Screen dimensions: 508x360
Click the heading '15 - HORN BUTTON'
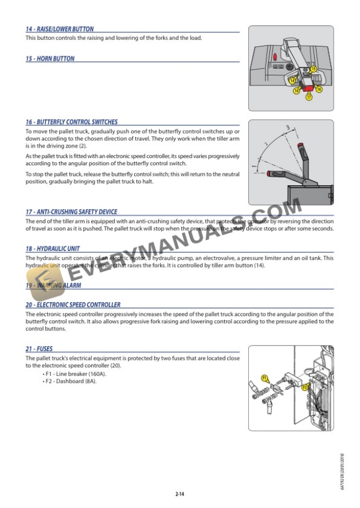point(50,59)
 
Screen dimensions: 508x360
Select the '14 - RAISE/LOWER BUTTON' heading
point(59,29)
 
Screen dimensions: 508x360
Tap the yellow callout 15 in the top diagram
point(314,69)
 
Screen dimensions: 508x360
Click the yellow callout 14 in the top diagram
point(293,79)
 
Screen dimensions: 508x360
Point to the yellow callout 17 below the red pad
point(309,98)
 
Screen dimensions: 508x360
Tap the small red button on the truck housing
point(275,57)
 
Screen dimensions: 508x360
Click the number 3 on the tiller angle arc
point(288,126)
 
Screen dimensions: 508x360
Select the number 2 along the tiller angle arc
point(266,144)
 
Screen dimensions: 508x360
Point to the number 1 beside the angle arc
point(255,158)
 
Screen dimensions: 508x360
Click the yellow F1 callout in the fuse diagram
point(264,377)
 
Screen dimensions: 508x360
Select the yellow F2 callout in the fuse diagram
point(305,387)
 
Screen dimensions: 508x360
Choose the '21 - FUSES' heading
point(39,349)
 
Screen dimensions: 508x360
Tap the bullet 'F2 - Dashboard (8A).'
point(70,382)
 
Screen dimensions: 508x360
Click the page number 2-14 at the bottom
point(180,494)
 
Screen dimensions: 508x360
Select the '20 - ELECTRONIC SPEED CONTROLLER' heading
point(73,305)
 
